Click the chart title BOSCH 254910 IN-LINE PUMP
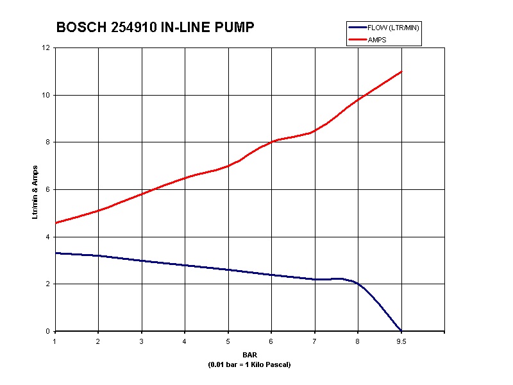tap(155, 28)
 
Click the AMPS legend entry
tap(378, 40)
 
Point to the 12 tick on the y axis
tap(46, 48)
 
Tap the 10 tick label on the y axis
tap(46, 95)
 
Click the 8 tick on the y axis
tap(47, 142)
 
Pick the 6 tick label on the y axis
tap(47, 189)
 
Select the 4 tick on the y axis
tap(47, 237)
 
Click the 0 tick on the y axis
tap(47, 331)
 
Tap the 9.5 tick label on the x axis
tap(401, 341)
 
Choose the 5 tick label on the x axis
tap(228, 341)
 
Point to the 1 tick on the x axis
tap(55, 341)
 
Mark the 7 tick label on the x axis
tap(314, 341)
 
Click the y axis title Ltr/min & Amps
tap(35, 191)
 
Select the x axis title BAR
tap(250, 355)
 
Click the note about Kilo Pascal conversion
tap(250, 364)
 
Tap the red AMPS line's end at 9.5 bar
tap(401, 71)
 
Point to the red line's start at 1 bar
tap(56, 223)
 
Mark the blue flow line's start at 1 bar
tap(56, 253)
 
